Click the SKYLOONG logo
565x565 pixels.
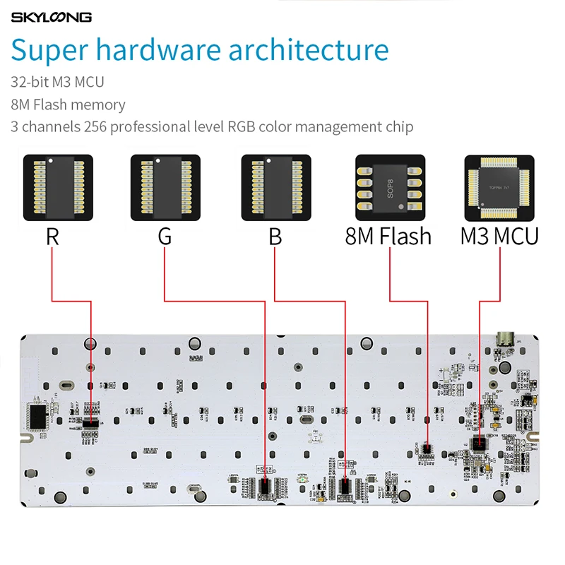coord(51,17)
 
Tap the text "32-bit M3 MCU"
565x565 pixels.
coord(57,82)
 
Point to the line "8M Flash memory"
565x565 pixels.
coord(68,105)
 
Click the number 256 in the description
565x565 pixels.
coord(95,127)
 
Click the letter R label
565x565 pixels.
coord(52,236)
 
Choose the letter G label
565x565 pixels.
coord(165,236)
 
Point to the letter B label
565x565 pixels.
coord(275,236)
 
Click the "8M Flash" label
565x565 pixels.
coord(388,236)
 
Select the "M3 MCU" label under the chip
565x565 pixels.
coord(499,236)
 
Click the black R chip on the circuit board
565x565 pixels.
coord(90,423)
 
